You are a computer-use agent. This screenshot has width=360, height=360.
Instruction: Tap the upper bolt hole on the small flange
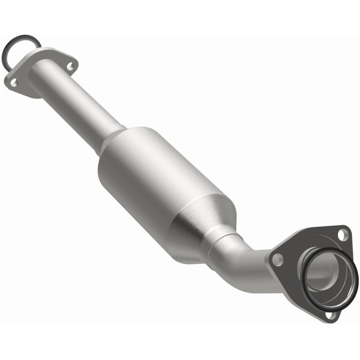pos(70,66)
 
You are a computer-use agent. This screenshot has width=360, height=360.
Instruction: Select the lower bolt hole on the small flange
pos(14,82)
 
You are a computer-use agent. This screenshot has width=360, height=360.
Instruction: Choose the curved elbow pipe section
pos(245,261)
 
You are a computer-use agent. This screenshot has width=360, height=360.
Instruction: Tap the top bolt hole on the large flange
pos(343,234)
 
